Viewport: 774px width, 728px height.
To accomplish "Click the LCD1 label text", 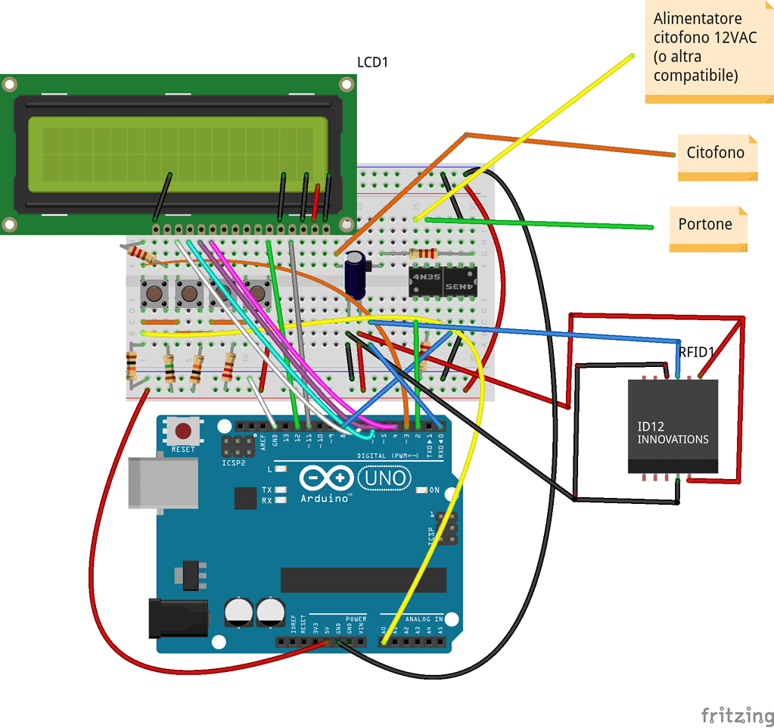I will coord(372,62).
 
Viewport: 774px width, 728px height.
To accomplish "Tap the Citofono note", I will coord(716,153).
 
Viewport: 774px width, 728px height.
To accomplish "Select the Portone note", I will coord(705,225).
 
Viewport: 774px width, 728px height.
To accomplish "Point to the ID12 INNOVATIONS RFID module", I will coord(673,427).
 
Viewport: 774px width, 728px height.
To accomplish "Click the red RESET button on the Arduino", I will coord(183,431).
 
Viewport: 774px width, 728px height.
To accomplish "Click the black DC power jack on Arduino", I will coord(178,616).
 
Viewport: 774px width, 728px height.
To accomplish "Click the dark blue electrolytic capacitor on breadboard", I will coord(356,274).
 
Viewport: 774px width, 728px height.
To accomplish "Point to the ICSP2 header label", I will coord(234,462).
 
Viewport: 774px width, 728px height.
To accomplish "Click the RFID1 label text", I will coord(696,352).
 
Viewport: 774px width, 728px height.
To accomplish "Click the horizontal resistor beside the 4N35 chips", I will coord(423,253).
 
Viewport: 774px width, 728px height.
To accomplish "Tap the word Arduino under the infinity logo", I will coord(325,498).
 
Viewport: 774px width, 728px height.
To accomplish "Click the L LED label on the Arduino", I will coord(270,469).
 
